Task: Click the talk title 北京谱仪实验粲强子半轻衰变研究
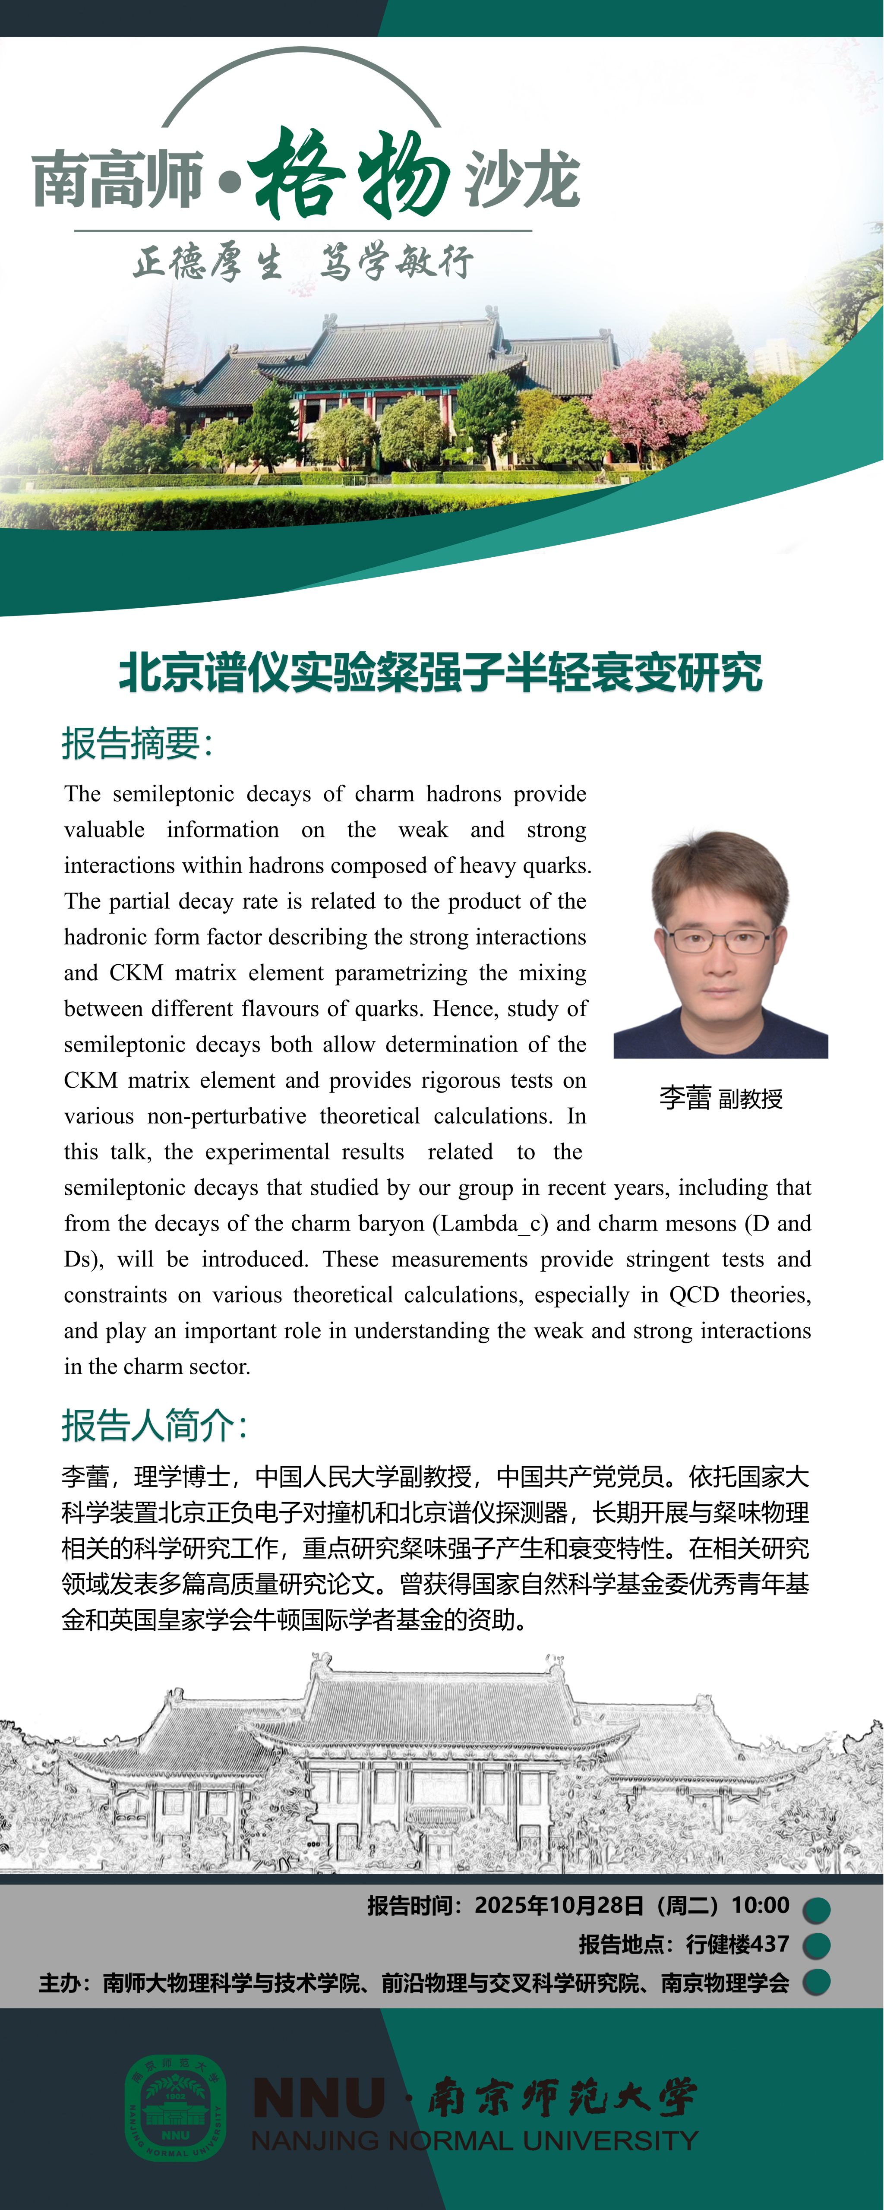(440, 672)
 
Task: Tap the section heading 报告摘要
(136, 743)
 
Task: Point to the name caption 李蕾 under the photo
(685, 1097)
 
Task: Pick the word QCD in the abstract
(694, 1294)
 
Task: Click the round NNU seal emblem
(176, 2106)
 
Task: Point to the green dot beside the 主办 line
(816, 1983)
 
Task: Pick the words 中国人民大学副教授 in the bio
(363, 1477)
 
